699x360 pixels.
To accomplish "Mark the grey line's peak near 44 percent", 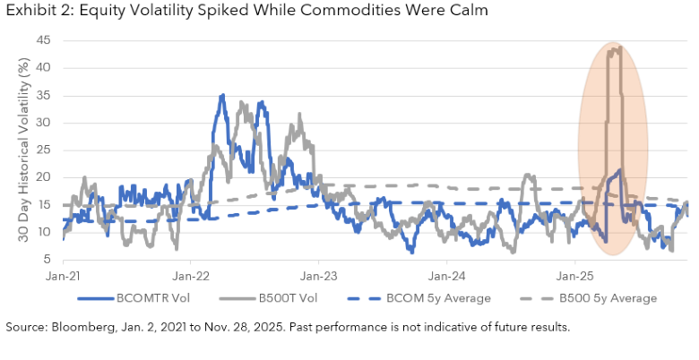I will pos(618,47).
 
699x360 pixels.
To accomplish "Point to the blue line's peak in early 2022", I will pos(221,95).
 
